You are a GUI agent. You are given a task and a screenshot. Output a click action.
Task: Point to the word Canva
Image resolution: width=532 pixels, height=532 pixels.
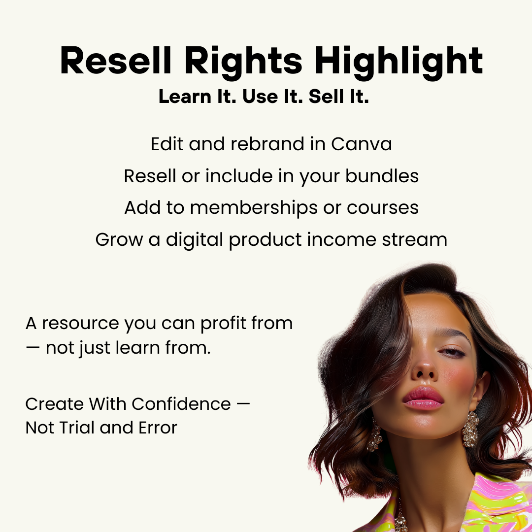click(362, 144)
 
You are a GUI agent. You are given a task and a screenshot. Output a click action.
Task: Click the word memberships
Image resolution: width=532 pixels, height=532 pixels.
click(254, 208)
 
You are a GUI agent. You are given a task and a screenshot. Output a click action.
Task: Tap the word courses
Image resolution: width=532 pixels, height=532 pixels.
click(383, 208)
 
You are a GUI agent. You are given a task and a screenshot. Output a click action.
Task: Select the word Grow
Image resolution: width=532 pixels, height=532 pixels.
click(117, 240)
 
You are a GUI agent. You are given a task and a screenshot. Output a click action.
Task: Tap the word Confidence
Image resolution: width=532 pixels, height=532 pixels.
click(181, 404)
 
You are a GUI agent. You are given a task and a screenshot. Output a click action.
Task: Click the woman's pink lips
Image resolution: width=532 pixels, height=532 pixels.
click(423, 398)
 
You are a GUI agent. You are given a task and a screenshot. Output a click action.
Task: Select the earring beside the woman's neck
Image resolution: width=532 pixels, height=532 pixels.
click(470, 429)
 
